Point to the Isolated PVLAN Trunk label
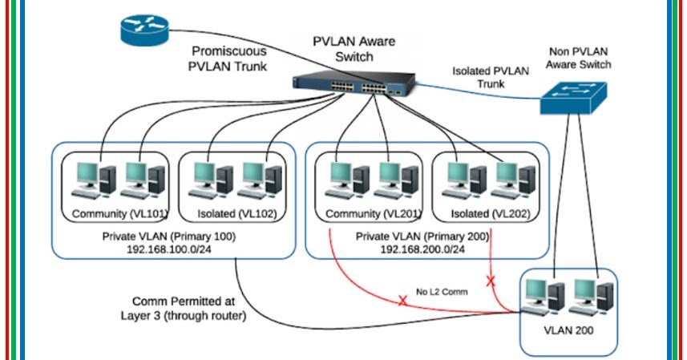(x=491, y=77)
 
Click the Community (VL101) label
(x=119, y=214)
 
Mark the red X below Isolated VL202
(x=490, y=281)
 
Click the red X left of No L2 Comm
(x=402, y=301)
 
